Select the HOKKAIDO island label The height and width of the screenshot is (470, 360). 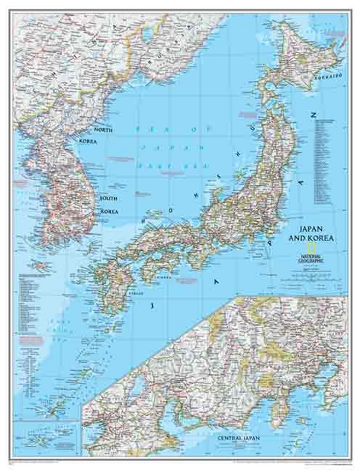328,76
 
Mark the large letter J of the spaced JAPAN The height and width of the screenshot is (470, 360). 154,306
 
